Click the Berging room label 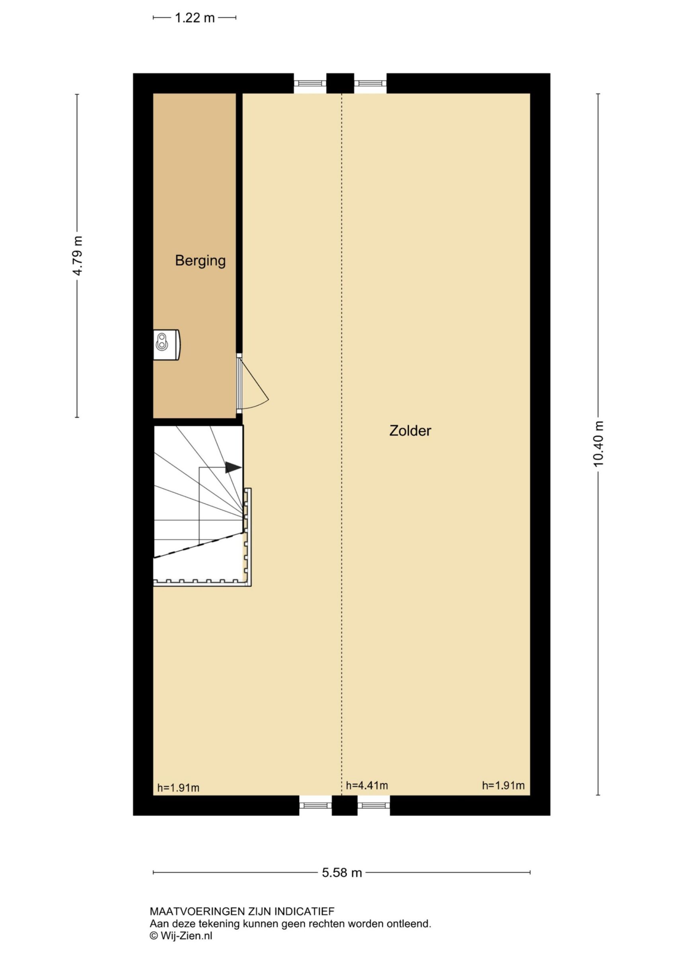tap(200, 260)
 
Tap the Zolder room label tap(410, 430)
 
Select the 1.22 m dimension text tap(195, 18)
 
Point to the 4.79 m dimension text tap(77, 256)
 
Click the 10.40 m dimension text tap(598, 444)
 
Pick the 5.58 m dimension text tap(342, 873)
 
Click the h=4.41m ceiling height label tap(367, 785)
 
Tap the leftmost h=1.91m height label tap(179, 787)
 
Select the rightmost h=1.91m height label tap(503, 785)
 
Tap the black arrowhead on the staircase tap(233, 467)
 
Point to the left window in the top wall tap(310, 83)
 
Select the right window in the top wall tap(371, 83)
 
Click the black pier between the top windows tap(340, 83)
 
